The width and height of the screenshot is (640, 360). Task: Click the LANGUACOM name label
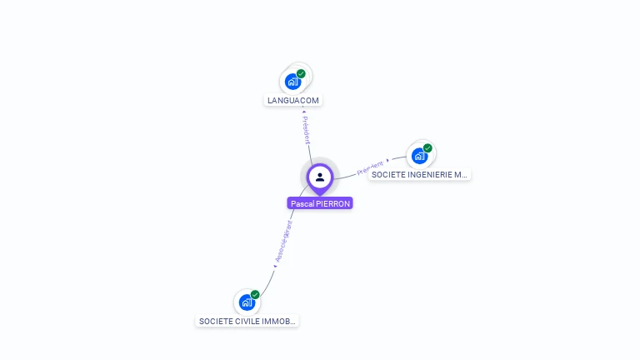point(292,100)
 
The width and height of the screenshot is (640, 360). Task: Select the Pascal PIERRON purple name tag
point(320,203)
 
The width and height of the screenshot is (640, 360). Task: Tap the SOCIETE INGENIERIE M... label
point(420,175)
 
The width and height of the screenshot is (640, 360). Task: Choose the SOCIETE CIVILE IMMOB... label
point(247,321)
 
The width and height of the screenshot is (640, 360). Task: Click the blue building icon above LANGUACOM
point(292,81)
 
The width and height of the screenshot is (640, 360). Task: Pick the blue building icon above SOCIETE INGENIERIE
point(419,156)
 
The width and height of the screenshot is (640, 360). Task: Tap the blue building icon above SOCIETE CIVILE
point(247,302)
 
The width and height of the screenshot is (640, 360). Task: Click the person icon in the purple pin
point(320,177)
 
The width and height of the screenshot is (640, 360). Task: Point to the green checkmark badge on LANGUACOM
point(301,73)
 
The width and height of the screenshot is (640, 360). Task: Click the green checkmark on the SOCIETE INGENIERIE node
point(427,148)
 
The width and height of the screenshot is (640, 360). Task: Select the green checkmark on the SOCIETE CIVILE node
point(255,294)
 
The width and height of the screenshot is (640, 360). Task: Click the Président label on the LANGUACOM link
point(306,129)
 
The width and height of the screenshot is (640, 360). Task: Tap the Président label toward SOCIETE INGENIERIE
point(370,168)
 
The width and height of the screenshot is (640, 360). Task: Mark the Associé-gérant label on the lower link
point(283,241)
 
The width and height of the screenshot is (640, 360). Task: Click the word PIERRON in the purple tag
point(333,203)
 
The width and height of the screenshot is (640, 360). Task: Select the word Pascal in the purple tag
point(302,203)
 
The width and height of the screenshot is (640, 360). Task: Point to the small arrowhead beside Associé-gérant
point(274,267)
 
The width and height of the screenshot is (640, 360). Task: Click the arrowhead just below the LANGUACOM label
point(303,111)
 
